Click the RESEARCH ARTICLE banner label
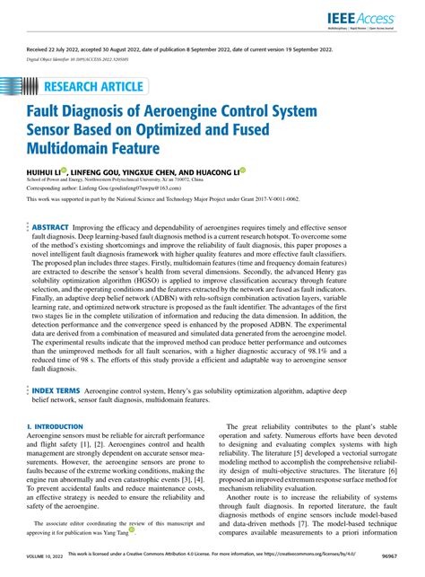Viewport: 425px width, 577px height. pos(92,86)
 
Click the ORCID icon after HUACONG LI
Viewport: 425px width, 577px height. pos(267,170)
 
